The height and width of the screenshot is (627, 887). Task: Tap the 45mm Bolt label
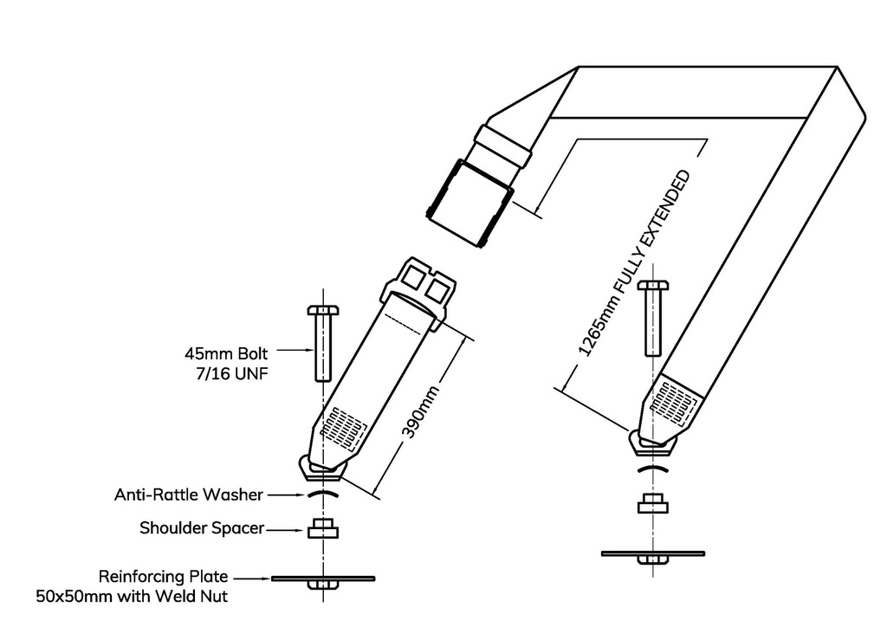(x=227, y=353)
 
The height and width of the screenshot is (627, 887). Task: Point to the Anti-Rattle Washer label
(x=188, y=495)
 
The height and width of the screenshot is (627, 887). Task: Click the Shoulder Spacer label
(x=201, y=527)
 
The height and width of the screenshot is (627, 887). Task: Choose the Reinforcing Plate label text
(x=164, y=576)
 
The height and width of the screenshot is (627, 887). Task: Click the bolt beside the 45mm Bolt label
(x=323, y=343)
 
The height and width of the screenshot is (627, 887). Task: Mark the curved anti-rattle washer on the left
(x=322, y=493)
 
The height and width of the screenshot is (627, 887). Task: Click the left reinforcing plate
(x=322, y=578)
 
